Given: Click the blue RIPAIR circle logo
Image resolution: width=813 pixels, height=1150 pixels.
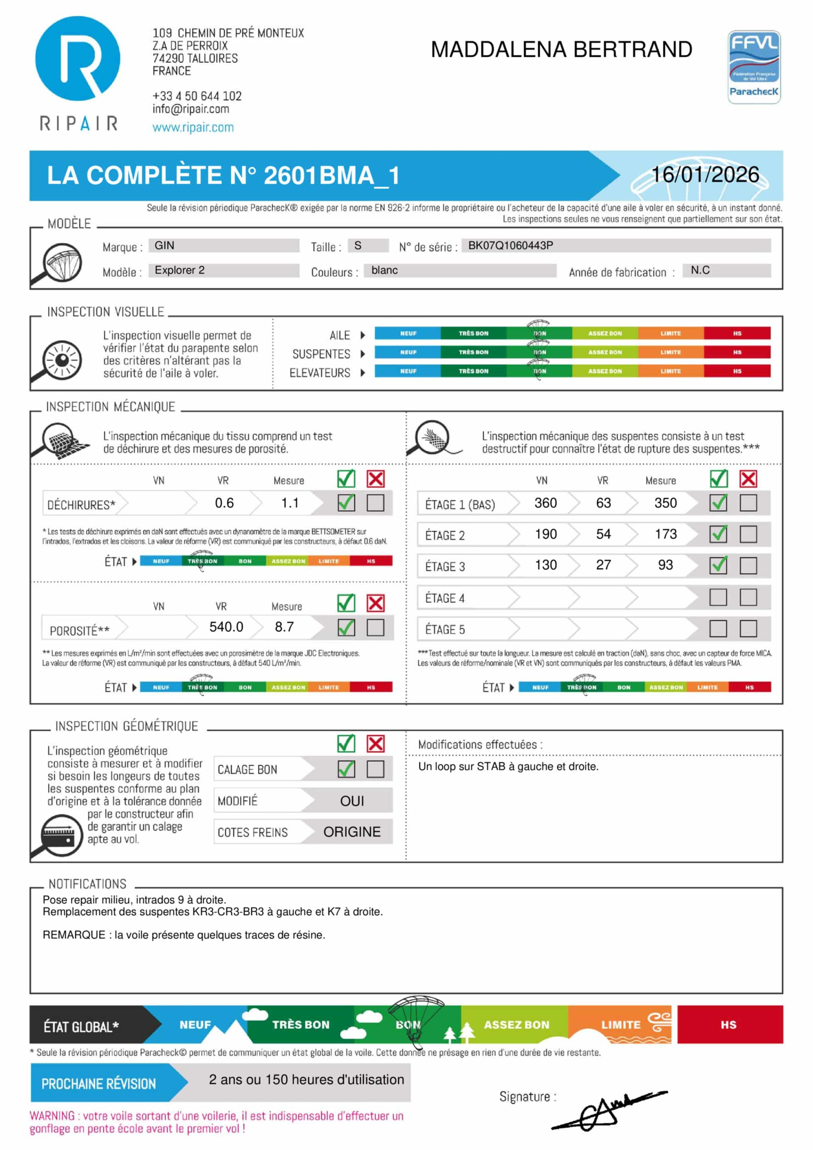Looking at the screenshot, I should (77, 58).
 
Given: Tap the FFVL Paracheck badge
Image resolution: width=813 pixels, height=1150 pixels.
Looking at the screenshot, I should (754, 67).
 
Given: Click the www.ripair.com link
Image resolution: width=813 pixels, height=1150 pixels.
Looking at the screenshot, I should (193, 127).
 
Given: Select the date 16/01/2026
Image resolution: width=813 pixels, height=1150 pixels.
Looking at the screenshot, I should (705, 174).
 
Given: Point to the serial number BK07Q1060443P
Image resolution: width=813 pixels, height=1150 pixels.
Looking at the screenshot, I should (510, 246).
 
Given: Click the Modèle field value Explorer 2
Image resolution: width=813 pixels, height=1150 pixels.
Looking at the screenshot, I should (179, 270).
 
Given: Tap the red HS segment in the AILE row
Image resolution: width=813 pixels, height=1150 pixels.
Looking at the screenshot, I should (736, 333).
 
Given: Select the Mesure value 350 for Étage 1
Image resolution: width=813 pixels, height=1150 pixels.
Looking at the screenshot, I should (665, 503).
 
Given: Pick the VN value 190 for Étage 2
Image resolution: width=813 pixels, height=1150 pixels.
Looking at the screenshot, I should (545, 534).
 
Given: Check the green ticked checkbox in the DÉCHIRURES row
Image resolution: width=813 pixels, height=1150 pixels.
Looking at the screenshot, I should (346, 502).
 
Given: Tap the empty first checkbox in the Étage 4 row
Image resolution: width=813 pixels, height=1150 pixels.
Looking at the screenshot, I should (718, 597).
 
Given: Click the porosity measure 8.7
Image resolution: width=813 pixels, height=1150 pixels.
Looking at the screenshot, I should (284, 627).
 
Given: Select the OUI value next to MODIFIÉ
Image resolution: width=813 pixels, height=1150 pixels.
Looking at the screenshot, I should (352, 801).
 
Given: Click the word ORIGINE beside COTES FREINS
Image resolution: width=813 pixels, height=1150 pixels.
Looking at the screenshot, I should (352, 832).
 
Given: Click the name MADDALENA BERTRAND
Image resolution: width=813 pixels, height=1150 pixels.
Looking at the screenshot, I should (561, 50).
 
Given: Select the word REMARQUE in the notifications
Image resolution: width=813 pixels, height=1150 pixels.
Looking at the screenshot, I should (73, 935).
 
